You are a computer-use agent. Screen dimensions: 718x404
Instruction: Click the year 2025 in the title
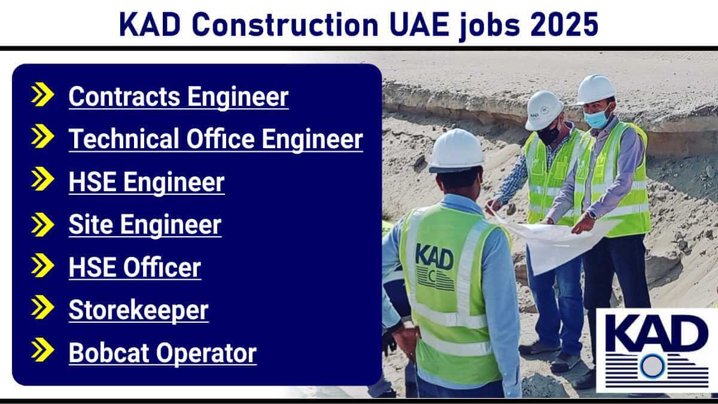(x=564, y=25)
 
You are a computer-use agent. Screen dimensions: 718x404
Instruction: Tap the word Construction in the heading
(x=285, y=25)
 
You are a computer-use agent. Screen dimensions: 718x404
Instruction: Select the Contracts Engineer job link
(x=178, y=97)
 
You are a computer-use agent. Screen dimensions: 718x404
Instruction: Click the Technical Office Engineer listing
(x=216, y=139)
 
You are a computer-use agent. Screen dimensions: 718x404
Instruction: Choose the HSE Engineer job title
(x=147, y=182)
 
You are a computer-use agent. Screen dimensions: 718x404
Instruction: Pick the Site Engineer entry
(x=145, y=225)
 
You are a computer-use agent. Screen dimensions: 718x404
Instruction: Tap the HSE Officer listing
(x=135, y=268)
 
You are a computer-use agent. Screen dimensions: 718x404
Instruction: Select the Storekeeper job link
(x=138, y=310)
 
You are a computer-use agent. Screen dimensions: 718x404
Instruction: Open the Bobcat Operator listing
(x=163, y=353)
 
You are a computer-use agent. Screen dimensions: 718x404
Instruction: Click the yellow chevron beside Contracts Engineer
(x=42, y=94)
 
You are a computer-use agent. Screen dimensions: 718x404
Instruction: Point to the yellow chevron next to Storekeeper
(x=42, y=307)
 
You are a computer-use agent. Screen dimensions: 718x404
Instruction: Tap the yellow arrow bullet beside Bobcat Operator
(x=42, y=350)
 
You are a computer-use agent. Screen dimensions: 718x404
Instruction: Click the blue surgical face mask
(x=597, y=118)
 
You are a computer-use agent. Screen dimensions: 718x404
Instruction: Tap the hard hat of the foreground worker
(x=457, y=151)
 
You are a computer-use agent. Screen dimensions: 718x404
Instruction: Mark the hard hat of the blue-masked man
(x=595, y=90)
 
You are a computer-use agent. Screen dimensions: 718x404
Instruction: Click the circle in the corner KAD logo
(x=652, y=366)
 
